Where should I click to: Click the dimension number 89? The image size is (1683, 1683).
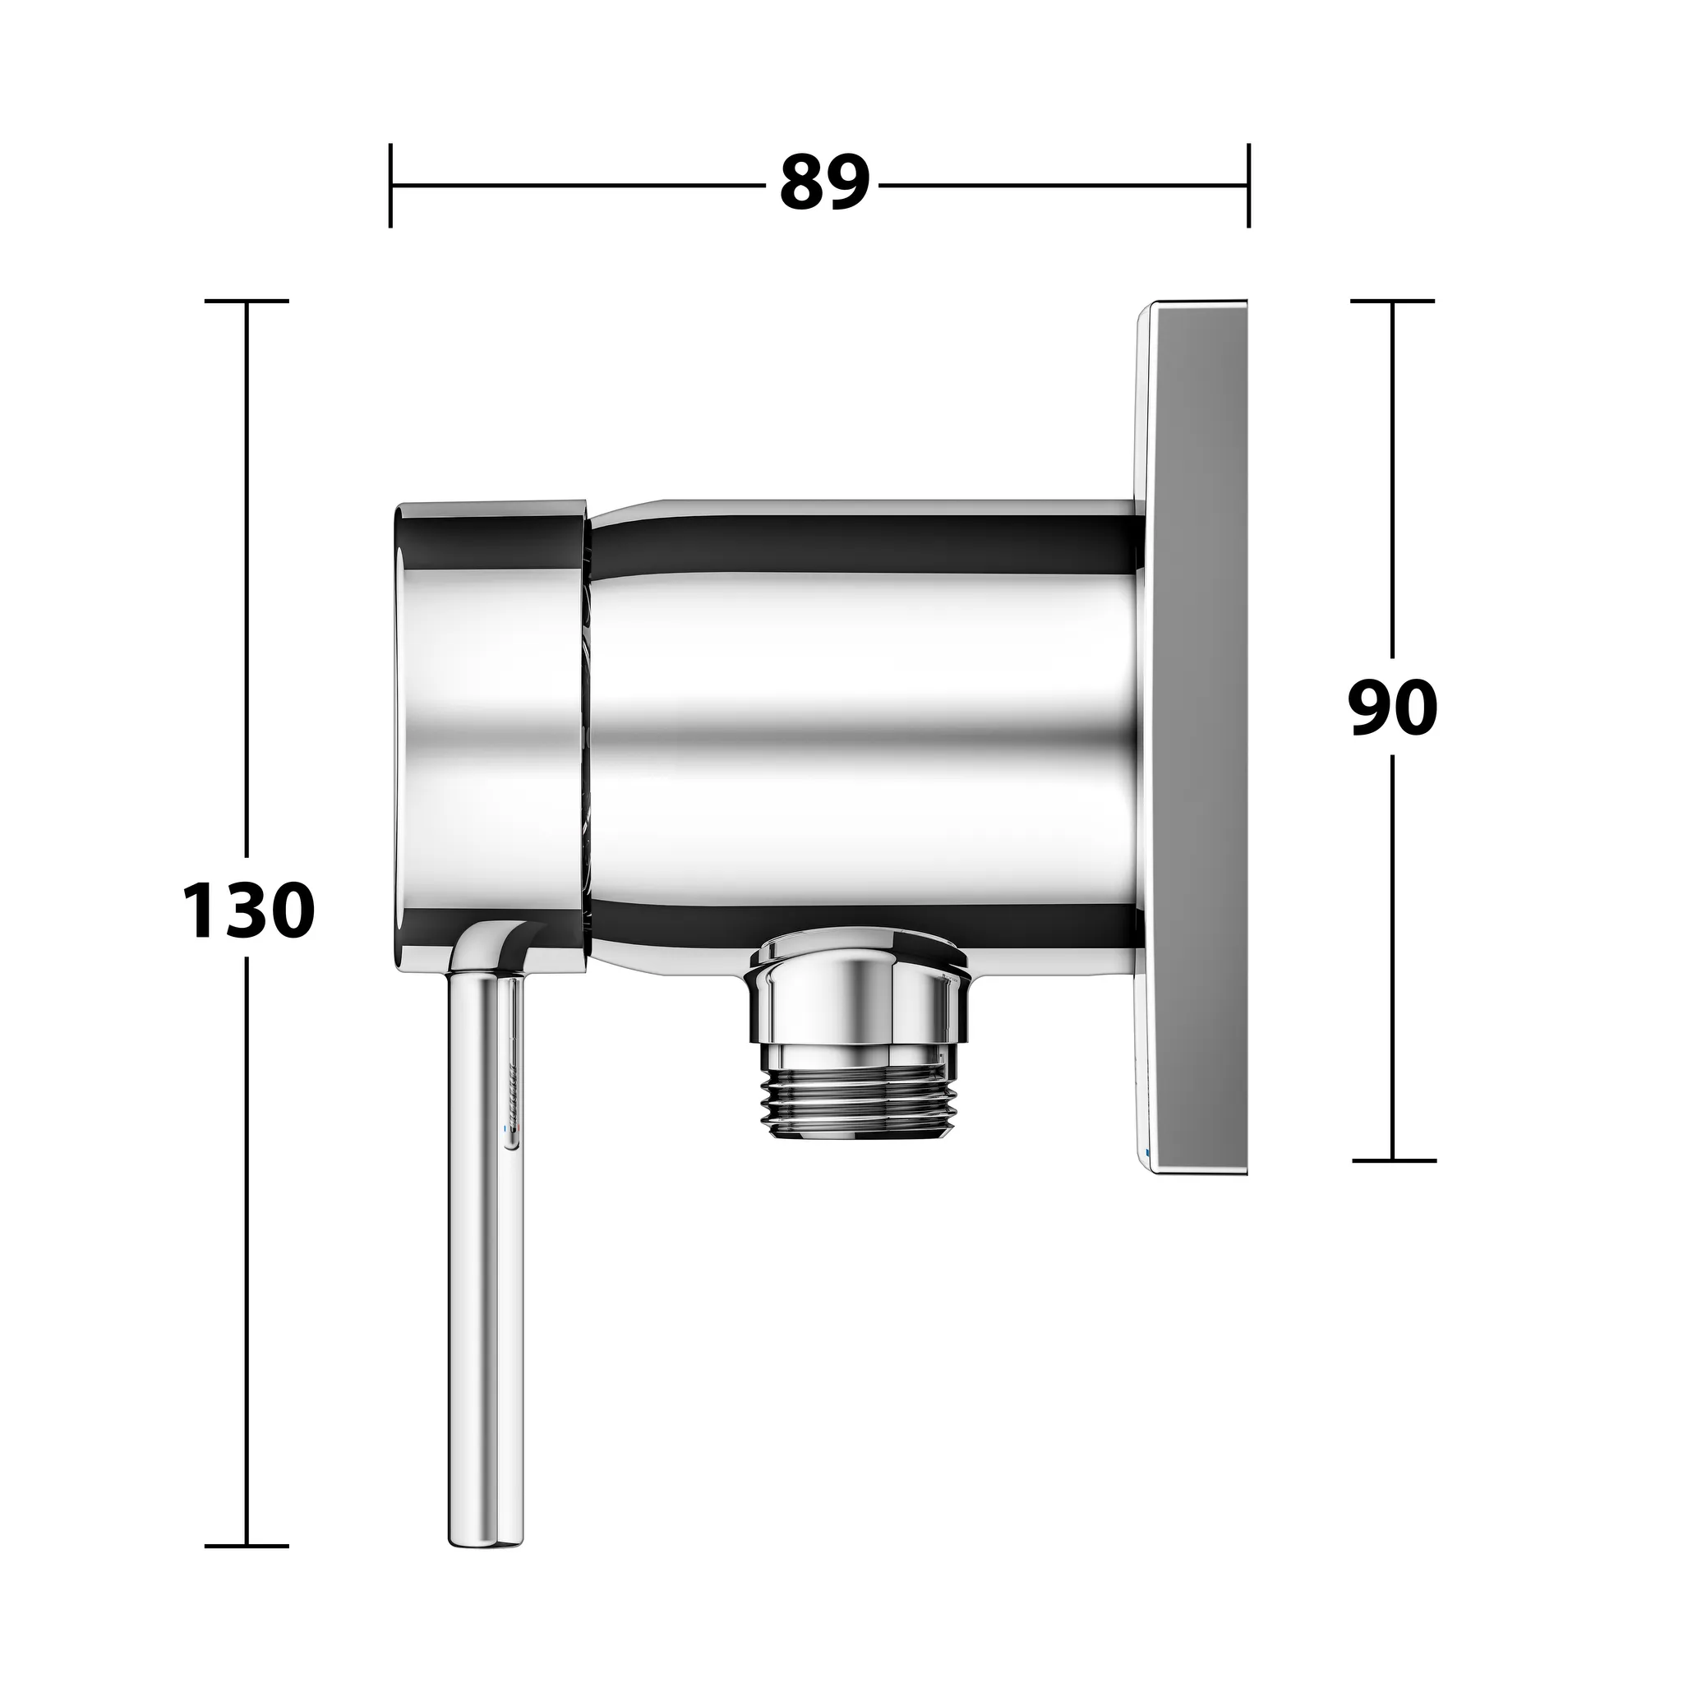tap(824, 184)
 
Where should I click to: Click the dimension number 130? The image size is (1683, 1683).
tap(248, 911)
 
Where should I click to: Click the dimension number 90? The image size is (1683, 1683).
tap(1392, 708)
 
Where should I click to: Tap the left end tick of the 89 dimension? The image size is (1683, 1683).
tap(390, 186)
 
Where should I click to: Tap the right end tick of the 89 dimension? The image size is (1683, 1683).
tap(1248, 186)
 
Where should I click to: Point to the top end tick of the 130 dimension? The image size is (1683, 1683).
tap(247, 302)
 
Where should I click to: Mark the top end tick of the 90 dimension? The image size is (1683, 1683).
tap(1392, 302)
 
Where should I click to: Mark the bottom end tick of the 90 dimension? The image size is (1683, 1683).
tap(1393, 1160)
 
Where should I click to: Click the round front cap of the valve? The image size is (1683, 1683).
tap(488, 731)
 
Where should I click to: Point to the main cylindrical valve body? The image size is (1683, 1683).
tap(862, 731)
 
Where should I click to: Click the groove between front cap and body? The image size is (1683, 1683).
tap(589, 731)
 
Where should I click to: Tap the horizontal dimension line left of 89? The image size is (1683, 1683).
tap(575, 186)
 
